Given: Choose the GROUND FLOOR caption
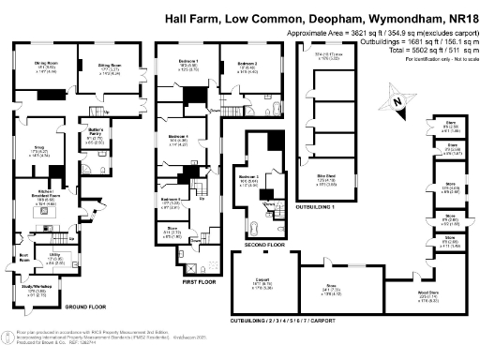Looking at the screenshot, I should coord(83,306).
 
